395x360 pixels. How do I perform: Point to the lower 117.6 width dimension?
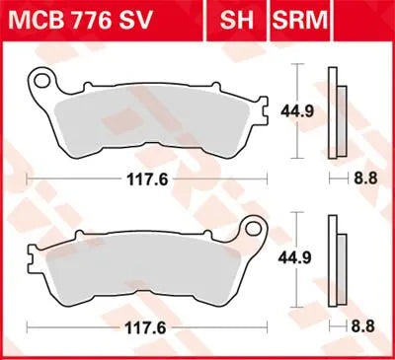[146, 325]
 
